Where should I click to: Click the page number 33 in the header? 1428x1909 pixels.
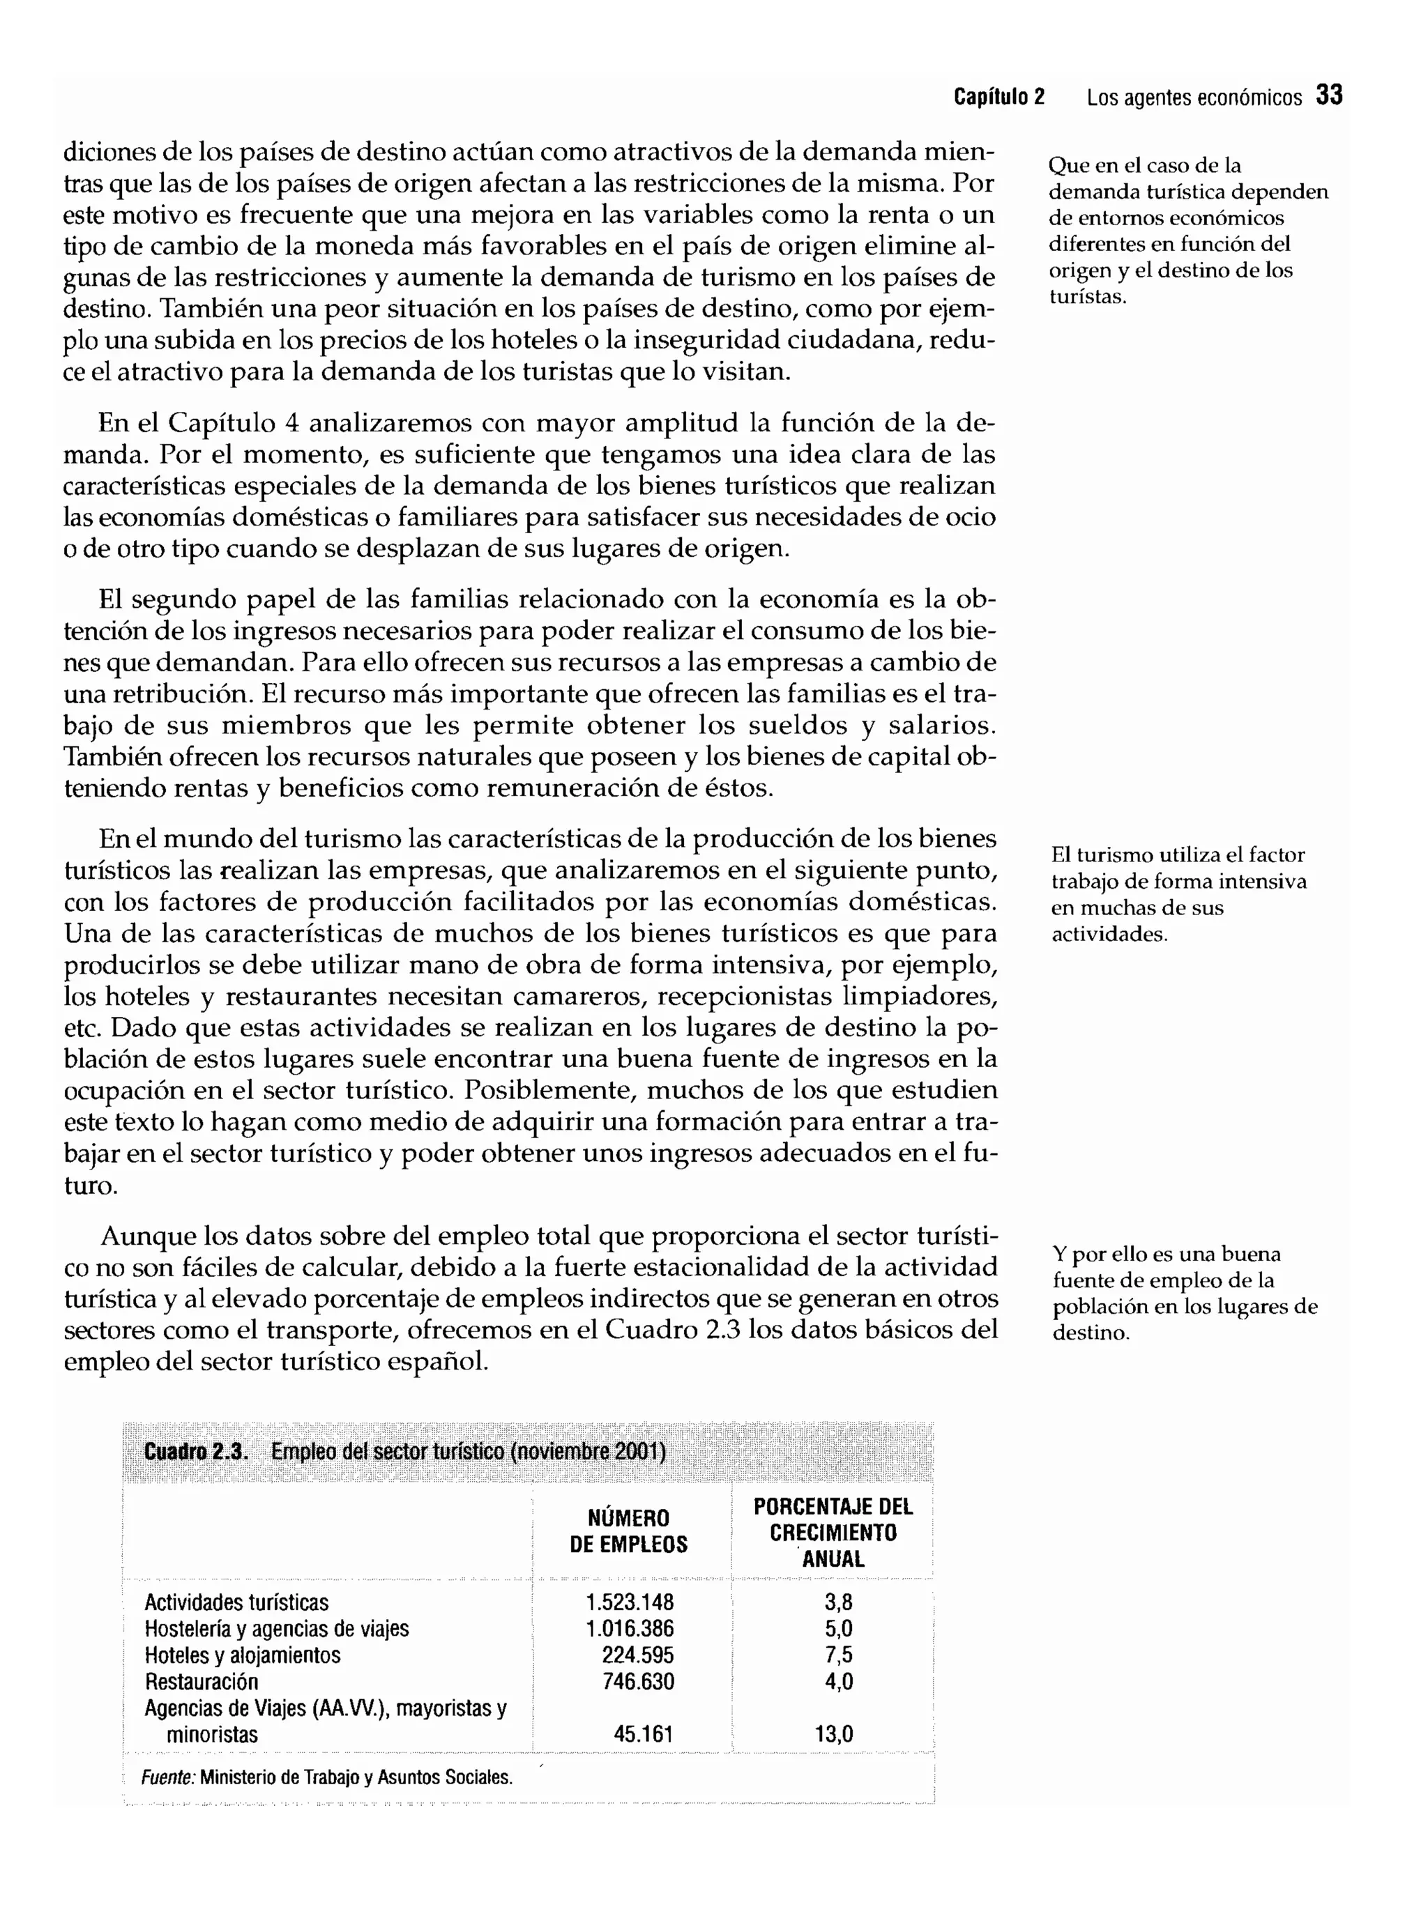click(1329, 95)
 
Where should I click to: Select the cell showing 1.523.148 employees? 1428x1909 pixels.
click(630, 1602)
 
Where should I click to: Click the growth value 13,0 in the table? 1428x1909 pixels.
click(834, 1734)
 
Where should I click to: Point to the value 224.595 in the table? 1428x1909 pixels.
click(637, 1655)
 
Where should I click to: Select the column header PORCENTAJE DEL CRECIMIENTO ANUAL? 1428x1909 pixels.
click(833, 1532)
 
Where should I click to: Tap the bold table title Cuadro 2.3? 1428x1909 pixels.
click(196, 1452)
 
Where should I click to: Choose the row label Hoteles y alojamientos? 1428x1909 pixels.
click(243, 1655)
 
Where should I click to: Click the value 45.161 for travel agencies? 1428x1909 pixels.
click(643, 1734)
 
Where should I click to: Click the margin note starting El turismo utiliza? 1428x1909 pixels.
click(1178, 894)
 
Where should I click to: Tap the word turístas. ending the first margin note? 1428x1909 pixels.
click(1088, 297)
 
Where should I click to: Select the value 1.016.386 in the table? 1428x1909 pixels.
click(630, 1630)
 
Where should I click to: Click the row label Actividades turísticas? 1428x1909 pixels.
click(236, 1602)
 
